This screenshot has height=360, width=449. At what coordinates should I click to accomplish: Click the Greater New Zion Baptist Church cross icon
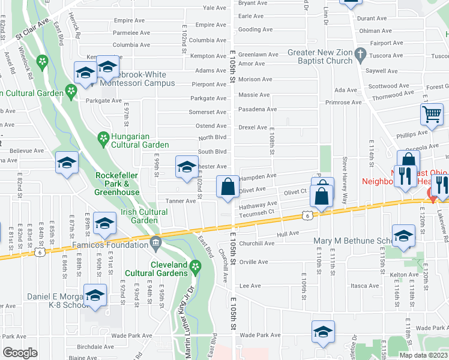coord(360,56)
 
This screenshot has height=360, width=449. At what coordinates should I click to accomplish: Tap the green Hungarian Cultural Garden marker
coord(104,140)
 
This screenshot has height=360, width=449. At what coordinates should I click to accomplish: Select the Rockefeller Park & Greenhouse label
coord(117,184)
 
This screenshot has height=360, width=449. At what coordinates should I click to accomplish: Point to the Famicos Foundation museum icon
coord(156,244)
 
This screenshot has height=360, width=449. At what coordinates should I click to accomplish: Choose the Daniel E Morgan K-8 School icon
coord(94,295)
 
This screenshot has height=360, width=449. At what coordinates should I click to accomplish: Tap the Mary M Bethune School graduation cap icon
coord(403,235)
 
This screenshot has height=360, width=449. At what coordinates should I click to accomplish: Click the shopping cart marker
coord(432,113)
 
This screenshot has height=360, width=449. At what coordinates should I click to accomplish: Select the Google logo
coord(20,353)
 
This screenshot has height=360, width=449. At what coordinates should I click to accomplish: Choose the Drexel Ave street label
coord(253,127)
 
